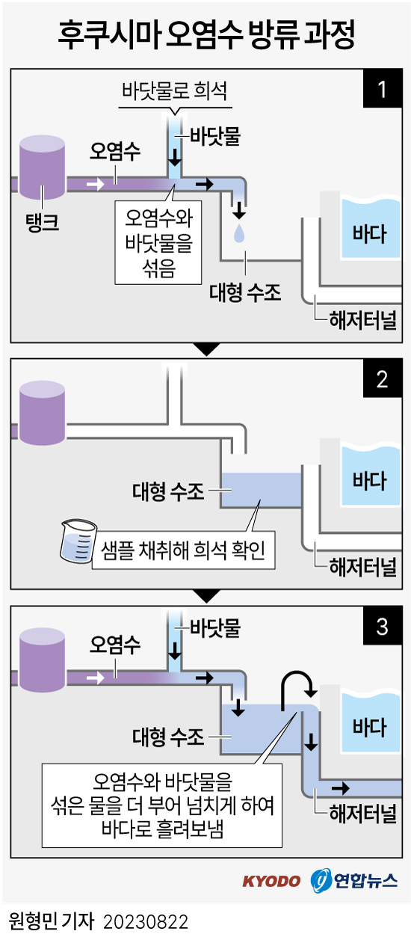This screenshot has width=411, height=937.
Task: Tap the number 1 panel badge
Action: (x=382, y=91)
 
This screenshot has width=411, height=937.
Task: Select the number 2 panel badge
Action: (x=382, y=379)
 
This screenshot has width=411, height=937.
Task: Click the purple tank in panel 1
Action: (x=43, y=166)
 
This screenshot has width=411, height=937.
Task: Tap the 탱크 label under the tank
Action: (x=41, y=221)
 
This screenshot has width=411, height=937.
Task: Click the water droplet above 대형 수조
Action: (x=238, y=233)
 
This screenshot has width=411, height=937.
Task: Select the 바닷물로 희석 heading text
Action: (x=174, y=92)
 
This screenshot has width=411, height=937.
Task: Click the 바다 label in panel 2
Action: (x=369, y=479)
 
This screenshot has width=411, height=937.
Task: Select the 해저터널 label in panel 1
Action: (x=362, y=320)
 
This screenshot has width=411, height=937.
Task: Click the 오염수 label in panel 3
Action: (x=115, y=644)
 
